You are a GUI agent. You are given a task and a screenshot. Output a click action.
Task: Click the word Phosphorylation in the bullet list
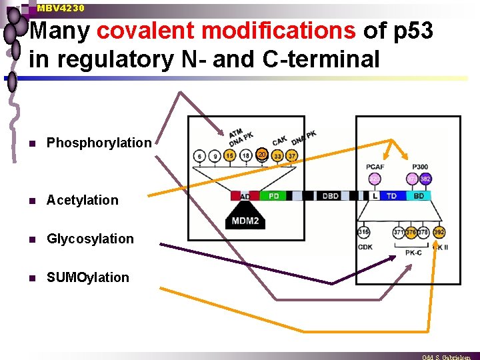tap(99, 143)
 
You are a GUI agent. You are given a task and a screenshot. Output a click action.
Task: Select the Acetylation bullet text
tap(82, 200)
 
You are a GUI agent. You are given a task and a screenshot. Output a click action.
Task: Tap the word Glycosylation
tap(90, 239)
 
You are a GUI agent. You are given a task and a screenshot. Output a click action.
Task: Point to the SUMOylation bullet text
tap(87, 277)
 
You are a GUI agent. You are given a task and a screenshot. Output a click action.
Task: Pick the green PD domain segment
tap(273, 196)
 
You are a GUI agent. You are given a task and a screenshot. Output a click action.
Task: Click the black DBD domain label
tap(331, 196)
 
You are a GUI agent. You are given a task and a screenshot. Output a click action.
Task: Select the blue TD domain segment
tap(392, 196)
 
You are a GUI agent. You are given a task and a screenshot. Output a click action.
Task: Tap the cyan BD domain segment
tap(419, 196)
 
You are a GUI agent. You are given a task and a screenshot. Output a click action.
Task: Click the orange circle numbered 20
tap(262, 155)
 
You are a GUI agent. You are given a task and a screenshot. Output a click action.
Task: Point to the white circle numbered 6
tap(199, 156)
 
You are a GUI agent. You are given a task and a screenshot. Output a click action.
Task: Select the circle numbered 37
tap(292, 156)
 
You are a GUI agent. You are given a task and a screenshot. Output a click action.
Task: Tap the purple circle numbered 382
tap(425, 179)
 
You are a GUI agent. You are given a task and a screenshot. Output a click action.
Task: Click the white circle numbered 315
tap(364, 232)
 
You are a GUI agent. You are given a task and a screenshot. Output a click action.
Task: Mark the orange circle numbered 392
tap(439, 232)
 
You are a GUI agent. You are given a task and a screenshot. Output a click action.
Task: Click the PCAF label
tap(375, 167)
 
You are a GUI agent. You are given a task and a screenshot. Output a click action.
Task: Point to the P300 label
tap(420, 167)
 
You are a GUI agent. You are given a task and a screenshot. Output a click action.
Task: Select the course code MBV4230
tap(61, 8)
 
